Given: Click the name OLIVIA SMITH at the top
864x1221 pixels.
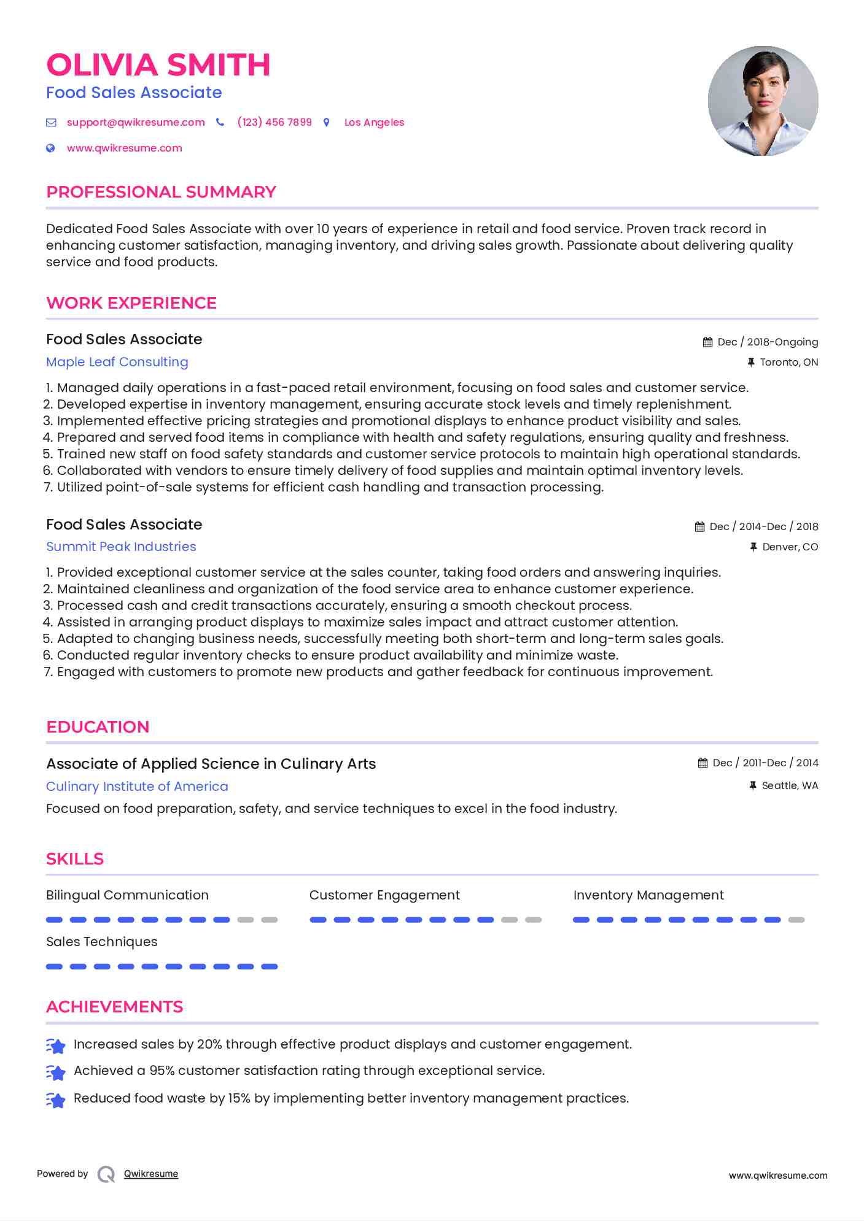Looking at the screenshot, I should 158,65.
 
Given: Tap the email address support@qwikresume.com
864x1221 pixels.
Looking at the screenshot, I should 136,122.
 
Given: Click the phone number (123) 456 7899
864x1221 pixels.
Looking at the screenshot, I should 274,122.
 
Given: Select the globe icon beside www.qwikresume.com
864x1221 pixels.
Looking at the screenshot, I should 51,148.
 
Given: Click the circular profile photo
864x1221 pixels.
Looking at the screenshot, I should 763,101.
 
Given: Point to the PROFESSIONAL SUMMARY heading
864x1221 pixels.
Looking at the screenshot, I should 161,192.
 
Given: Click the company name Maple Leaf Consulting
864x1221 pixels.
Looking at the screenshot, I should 117,362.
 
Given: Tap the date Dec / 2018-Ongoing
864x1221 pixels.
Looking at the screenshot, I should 768,342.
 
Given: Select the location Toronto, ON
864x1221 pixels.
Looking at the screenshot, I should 788,362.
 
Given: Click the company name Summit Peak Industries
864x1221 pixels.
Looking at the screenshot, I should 121,547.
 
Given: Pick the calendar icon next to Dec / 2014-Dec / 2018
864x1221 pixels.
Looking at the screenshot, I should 699,526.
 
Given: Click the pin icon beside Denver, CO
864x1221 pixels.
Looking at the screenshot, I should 753,547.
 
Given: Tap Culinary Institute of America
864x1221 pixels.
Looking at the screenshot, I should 137,787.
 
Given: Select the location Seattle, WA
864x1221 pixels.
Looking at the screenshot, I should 790,785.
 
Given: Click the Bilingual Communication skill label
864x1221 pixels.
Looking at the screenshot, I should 127,895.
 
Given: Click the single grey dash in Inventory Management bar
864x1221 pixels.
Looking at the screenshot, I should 796,920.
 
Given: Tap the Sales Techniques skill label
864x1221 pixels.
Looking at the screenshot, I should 102,942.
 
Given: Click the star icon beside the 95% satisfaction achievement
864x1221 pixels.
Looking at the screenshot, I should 56,1072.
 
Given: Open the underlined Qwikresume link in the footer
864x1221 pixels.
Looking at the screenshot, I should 151,1174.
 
